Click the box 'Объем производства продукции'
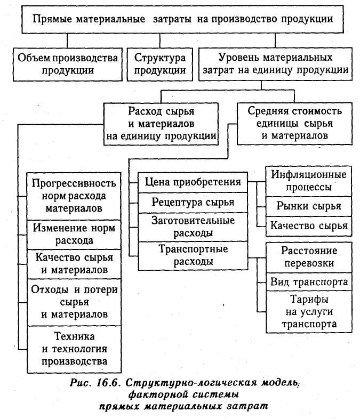pos(68,65)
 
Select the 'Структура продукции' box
pos(160,65)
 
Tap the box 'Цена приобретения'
pos(193,182)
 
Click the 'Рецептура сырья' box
pos(193,203)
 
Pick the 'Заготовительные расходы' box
pos(193,227)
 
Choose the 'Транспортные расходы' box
pos(193,255)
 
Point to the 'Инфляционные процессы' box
pos(309,181)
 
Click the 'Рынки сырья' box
pos(309,206)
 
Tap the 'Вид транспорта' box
pos(309,282)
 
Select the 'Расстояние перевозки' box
pos(309,257)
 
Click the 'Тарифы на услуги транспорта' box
pos(309,311)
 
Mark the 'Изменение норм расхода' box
pos(74,235)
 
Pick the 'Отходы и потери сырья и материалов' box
pos(74,302)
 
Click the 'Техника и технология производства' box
pos(74,349)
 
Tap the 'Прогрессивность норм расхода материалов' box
pos(74,196)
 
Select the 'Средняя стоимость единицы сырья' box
pos(294,124)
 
